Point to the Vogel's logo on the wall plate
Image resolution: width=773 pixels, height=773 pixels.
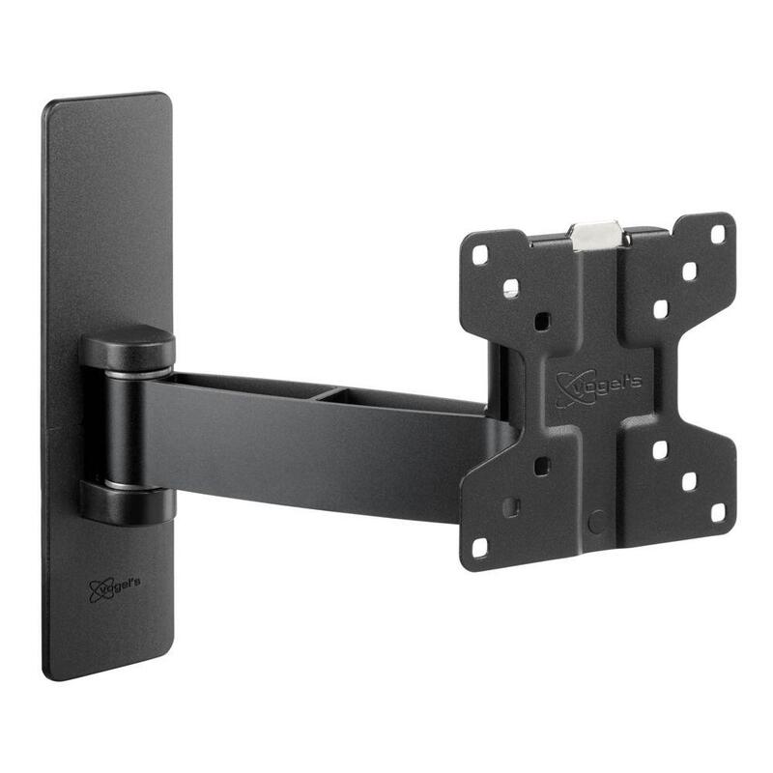tap(114, 587)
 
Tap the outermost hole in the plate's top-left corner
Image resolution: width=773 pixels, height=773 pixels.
tap(481, 256)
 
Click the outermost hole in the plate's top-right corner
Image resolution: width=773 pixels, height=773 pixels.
tap(718, 234)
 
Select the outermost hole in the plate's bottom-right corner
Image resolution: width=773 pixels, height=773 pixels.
tap(718, 511)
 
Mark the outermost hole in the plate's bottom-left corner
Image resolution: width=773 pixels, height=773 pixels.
tap(480, 548)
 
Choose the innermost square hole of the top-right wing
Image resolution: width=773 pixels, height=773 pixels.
tap(661, 308)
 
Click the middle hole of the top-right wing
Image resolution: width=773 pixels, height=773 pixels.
tap(690, 271)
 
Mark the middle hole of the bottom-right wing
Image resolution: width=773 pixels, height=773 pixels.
tap(690, 481)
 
